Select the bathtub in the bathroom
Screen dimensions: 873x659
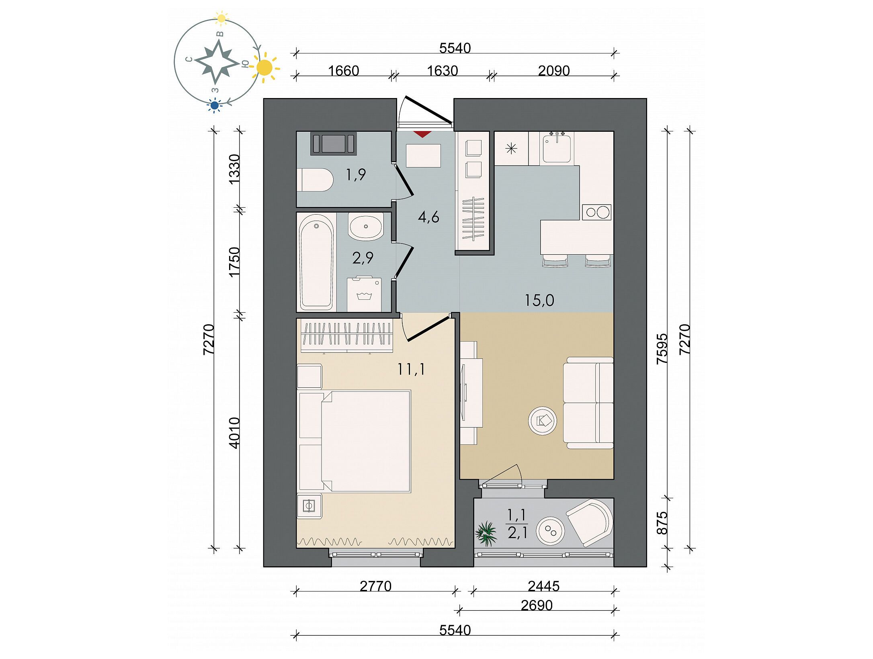[316, 262]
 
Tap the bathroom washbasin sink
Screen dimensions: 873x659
[366, 227]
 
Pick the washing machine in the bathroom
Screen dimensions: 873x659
[364, 293]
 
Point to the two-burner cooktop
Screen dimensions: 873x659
[597, 212]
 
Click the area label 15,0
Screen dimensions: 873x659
[539, 300]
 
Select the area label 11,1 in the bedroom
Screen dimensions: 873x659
[411, 368]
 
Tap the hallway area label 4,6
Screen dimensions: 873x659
[428, 217]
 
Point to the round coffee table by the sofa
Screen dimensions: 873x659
[542, 421]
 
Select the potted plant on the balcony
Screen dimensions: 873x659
[486, 534]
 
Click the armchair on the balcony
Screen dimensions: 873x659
[590, 522]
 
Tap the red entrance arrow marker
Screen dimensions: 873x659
[422, 134]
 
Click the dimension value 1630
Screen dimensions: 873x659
[442, 71]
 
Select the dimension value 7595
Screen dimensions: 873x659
[662, 348]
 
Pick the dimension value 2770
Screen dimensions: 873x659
[375, 586]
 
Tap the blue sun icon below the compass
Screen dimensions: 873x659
[215, 105]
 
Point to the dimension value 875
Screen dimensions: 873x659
[662, 523]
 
